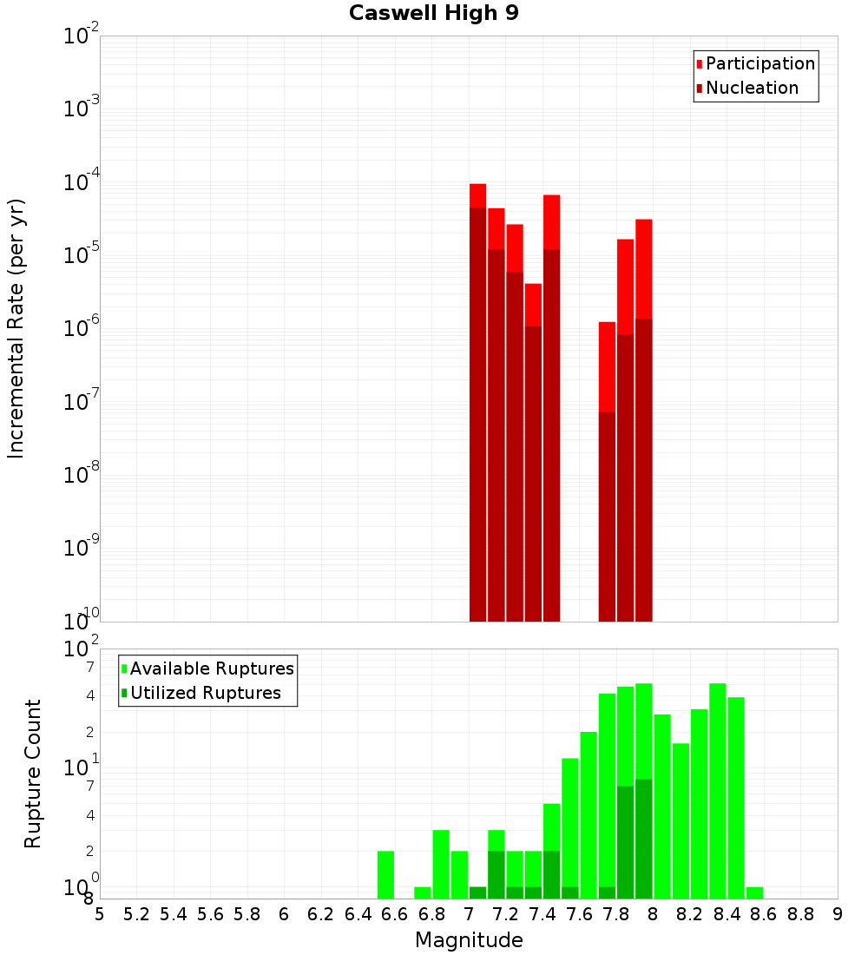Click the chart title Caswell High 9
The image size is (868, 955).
[x=434, y=14]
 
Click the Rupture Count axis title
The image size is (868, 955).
[x=33, y=774]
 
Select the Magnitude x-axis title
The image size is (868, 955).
[x=469, y=940]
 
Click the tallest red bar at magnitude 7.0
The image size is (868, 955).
[x=478, y=399]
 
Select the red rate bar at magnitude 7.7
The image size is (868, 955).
[x=608, y=469]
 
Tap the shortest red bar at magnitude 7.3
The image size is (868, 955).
[x=534, y=451]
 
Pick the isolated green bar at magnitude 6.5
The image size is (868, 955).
[x=386, y=874]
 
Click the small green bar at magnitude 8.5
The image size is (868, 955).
[x=755, y=892]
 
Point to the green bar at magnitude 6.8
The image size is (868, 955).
[x=441, y=864]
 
